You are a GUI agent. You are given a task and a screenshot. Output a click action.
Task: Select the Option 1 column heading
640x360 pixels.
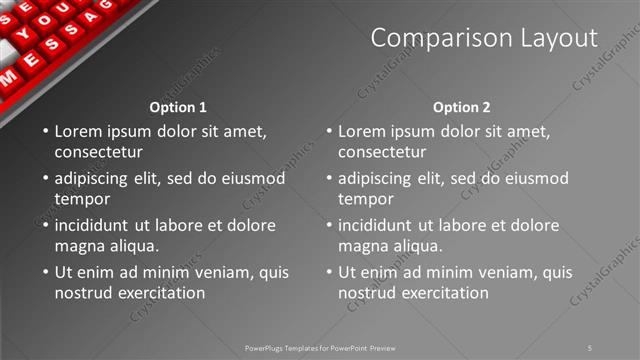[x=178, y=106]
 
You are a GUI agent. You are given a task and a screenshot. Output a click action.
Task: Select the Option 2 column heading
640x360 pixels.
[x=462, y=106]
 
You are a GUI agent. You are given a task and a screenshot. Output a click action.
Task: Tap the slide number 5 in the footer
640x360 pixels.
[x=590, y=347]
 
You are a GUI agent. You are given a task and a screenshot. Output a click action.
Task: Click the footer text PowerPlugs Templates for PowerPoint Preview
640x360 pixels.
[x=320, y=347]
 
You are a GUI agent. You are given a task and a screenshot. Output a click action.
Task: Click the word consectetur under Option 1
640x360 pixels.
[x=98, y=152]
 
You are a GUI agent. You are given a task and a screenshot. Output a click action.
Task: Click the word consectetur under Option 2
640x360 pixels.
[x=382, y=152]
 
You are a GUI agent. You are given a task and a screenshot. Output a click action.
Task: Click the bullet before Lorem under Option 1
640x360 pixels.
[x=45, y=131]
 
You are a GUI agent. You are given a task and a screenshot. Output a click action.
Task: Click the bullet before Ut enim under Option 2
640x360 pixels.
[x=329, y=272]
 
